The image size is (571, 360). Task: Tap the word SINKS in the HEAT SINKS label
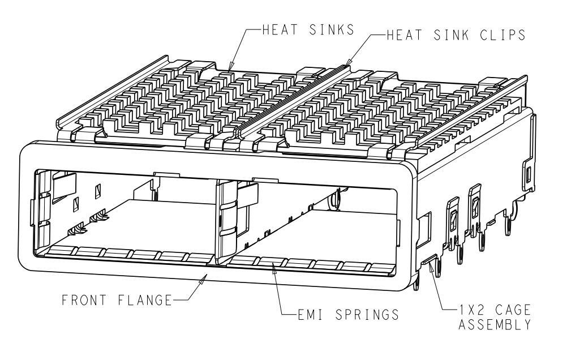[x=331, y=29]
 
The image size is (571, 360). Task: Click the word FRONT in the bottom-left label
[x=84, y=300]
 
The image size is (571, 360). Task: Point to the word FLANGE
[x=144, y=300]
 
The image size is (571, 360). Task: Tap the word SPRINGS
[x=367, y=315]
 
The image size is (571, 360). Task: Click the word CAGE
[x=513, y=310]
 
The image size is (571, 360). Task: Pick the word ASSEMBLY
[x=494, y=324]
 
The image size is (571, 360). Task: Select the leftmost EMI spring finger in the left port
[x=62, y=251]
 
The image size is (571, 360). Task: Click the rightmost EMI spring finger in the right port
[x=381, y=268]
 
